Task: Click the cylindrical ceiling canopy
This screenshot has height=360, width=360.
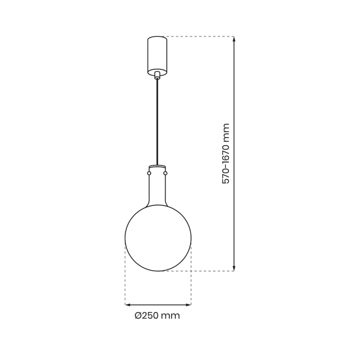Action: coord(157,54)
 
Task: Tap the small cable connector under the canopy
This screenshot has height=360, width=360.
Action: coord(157,75)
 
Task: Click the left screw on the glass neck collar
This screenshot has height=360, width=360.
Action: coord(149,172)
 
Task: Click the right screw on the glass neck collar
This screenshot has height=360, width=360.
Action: coord(165,172)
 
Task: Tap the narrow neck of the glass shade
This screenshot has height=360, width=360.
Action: coord(157,189)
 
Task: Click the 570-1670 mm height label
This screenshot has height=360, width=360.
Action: coord(226,154)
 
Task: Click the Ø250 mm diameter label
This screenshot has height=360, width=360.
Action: coord(157,316)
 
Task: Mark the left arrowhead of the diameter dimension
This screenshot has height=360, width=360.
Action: coord(128,305)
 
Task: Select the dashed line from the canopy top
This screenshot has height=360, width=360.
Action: coord(199,37)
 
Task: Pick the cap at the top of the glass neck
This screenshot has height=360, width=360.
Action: coord(157,167)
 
